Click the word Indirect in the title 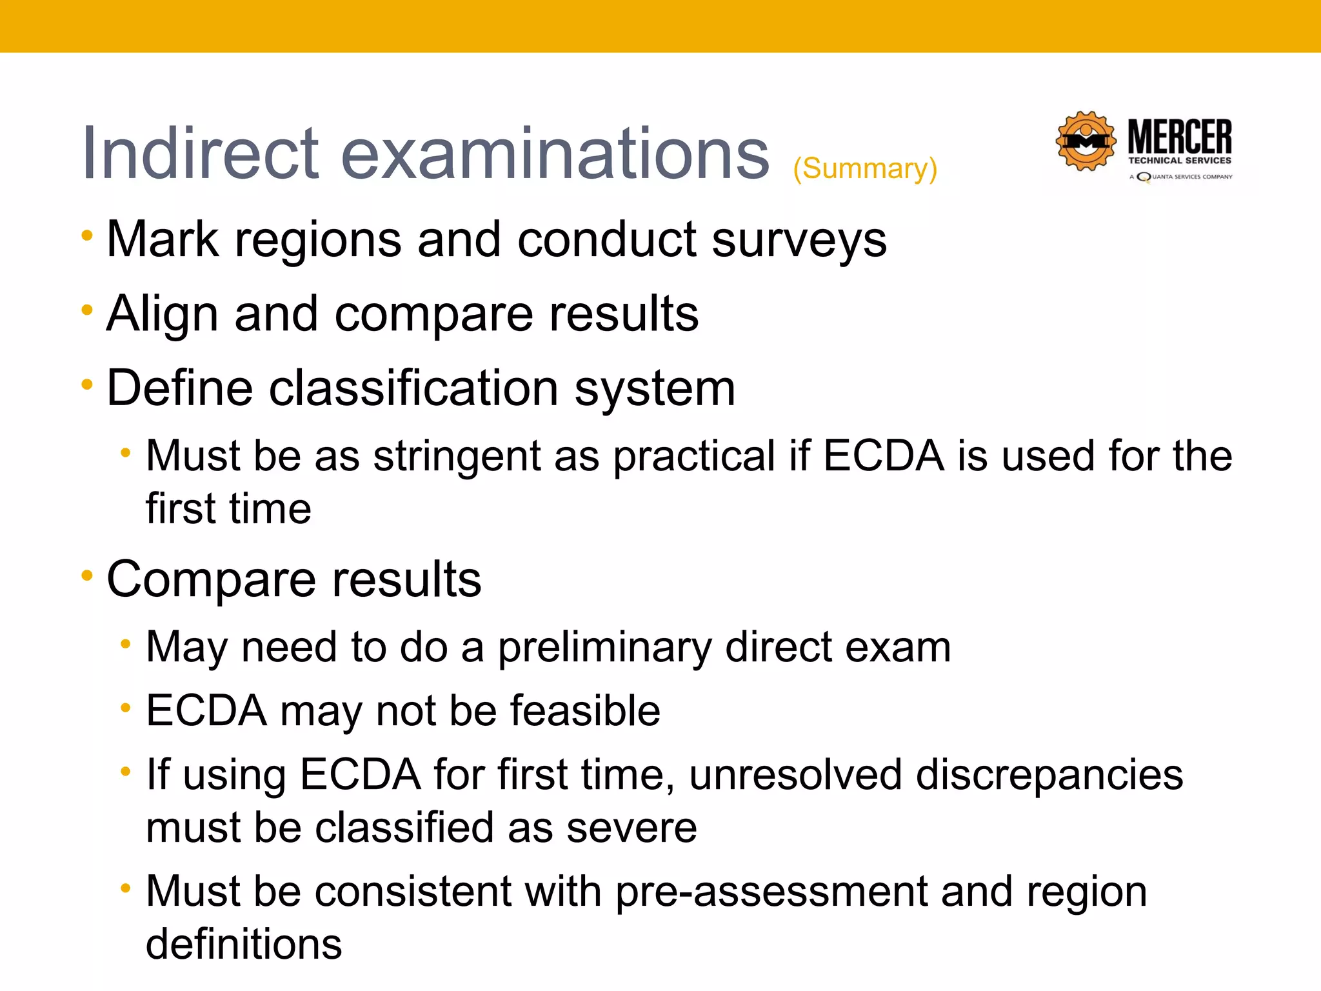coord(200,154)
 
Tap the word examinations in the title coord(555,154)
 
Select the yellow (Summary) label coord(865,169)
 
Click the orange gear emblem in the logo coord(1086,141)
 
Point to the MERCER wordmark coord(1180,137)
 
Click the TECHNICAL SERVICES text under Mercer coord(1180,161)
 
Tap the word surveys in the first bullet coord(799,240)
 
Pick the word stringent coord(455,456)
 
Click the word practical coord(693,456)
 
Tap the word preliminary coord(604,647)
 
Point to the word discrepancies coord(1049,774)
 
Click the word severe coord(631,828)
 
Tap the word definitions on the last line coord(244,945)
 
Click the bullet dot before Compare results coord(87,575)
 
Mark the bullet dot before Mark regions coord(87,235)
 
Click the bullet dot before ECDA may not coord(126,708)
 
